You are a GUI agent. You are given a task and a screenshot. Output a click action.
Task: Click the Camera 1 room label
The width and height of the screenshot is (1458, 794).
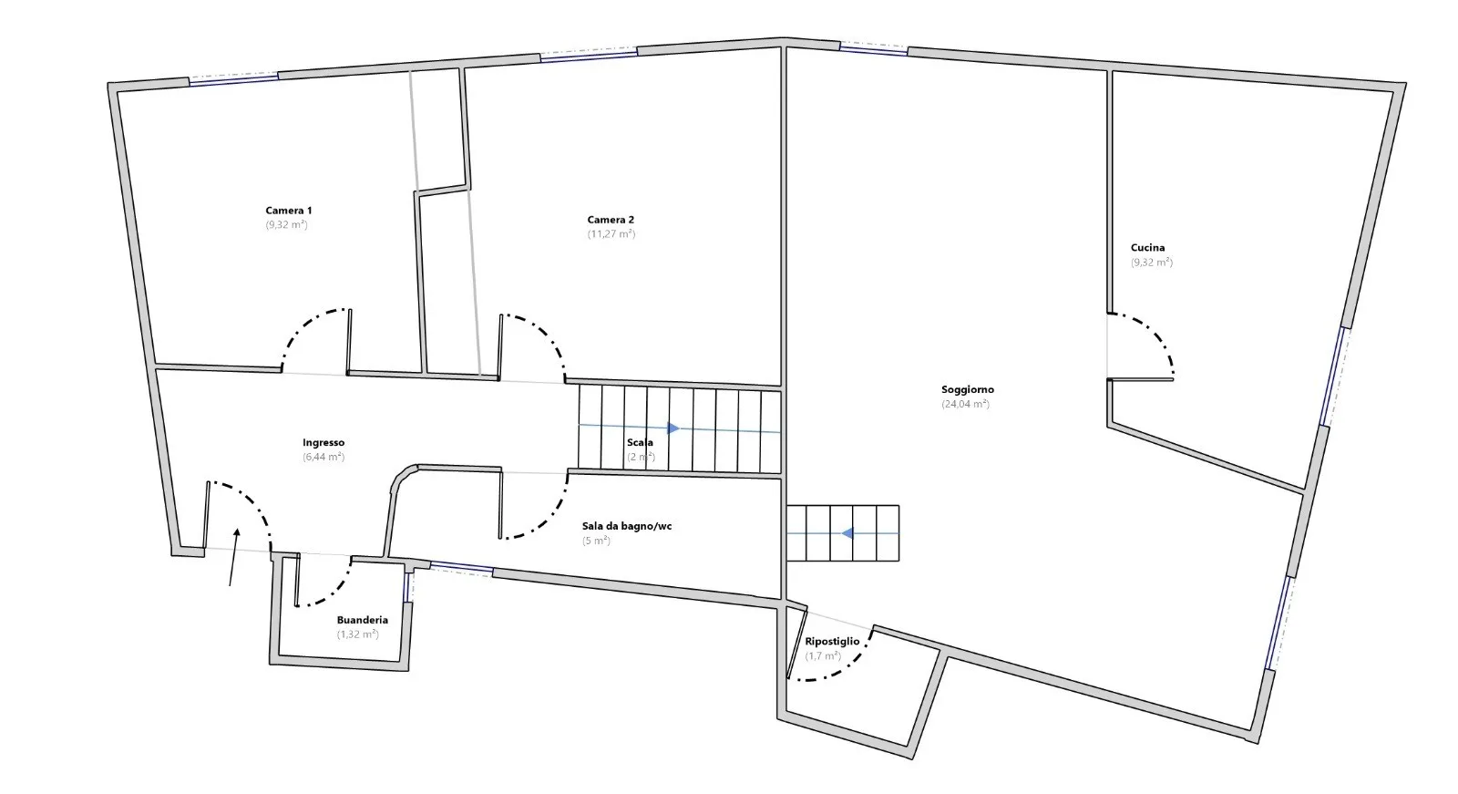point(288,211)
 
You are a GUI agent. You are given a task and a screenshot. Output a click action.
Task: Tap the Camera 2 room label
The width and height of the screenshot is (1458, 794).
point(611,220)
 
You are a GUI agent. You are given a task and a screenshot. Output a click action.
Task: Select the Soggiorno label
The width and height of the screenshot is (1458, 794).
point(967,389)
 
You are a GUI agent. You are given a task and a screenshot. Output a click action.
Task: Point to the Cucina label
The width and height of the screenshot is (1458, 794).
point(1147,248)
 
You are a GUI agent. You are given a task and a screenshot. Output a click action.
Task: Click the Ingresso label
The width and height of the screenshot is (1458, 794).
point(323,442)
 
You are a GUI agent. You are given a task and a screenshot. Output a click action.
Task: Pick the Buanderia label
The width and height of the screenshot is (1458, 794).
point(363,620)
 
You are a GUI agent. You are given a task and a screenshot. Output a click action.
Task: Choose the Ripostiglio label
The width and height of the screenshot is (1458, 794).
point(832,641)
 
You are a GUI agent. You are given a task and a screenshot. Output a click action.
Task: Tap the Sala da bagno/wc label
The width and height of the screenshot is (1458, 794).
point(627,526)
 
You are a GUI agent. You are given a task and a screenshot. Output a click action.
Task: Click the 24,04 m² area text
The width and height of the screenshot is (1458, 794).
point(965,404)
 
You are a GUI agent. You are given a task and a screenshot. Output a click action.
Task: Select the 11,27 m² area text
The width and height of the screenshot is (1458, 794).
point(611,234)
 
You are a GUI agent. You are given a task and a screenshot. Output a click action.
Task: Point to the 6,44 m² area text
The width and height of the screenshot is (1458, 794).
point(323,457)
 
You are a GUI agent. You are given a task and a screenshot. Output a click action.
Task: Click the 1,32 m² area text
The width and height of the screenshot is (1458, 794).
point(357,634)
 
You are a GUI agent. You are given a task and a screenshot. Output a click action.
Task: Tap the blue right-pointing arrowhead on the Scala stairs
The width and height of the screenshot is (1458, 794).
point(673,428)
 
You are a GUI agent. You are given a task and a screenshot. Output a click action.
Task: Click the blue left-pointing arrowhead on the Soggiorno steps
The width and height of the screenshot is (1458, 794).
point(847,533)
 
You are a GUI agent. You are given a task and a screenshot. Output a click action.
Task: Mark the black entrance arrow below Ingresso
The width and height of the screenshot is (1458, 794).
point(233,557)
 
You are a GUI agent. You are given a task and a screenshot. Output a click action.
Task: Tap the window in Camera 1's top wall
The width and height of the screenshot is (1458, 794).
point(233,79)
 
